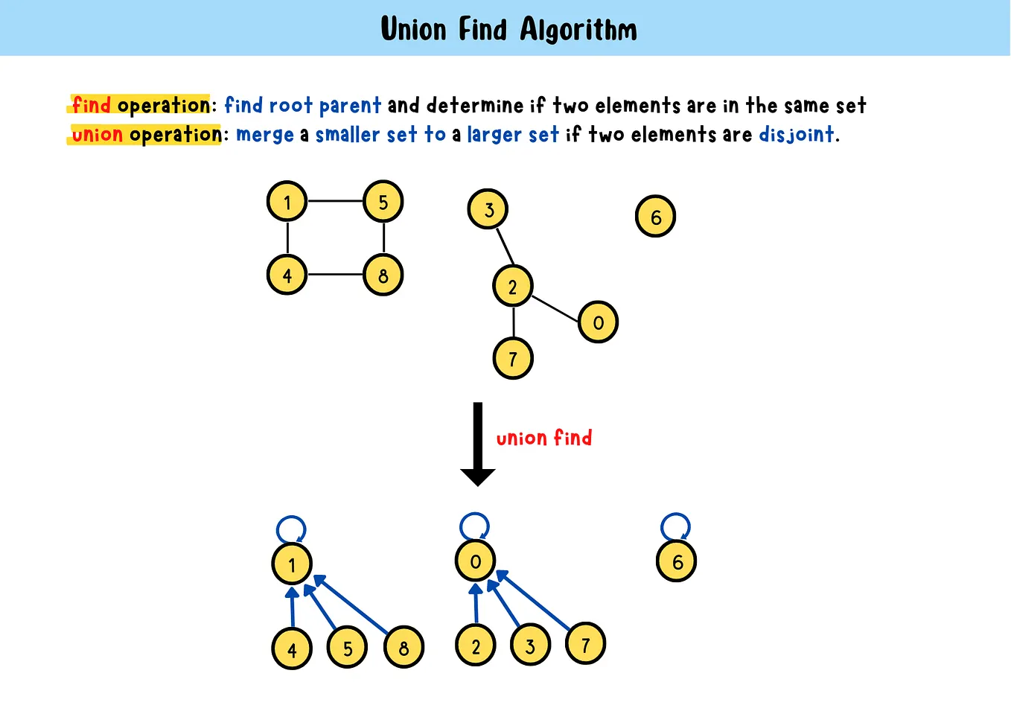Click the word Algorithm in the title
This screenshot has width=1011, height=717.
click(x=578, y=30)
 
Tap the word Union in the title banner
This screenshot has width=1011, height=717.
click(x=413, y=30)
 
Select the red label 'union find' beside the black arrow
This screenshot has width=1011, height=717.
click(x=543, y=438)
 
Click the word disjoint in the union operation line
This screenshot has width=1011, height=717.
click(x=796, y=134)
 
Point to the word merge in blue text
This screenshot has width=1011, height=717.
click(x=265, y=135)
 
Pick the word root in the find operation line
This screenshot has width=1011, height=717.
click(x=290, y=105)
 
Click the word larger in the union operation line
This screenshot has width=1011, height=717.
click(x=492, y=135)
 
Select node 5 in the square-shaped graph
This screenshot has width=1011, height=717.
click(x=383, y=202)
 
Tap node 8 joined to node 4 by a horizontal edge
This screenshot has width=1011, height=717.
click(x=383, y=275)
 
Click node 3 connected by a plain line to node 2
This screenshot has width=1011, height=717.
click(x=488, y=210)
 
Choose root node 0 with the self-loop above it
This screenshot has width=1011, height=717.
click(x=476, y=561)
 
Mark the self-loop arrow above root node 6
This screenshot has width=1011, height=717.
click(x=675, y=526)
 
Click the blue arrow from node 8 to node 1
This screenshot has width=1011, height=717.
click(x=351, y=605)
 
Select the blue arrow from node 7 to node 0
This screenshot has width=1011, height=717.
click(x=533, y=600)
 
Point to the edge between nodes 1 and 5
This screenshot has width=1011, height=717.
click(x=335, y=201)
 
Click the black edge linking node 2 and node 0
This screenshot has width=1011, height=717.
click(x=555, y=309)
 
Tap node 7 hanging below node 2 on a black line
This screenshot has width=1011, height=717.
click(x=513, y=359)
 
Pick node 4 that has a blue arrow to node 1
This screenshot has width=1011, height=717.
click(x=292, y=649)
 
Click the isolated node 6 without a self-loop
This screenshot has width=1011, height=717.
click(x=656, y=217)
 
